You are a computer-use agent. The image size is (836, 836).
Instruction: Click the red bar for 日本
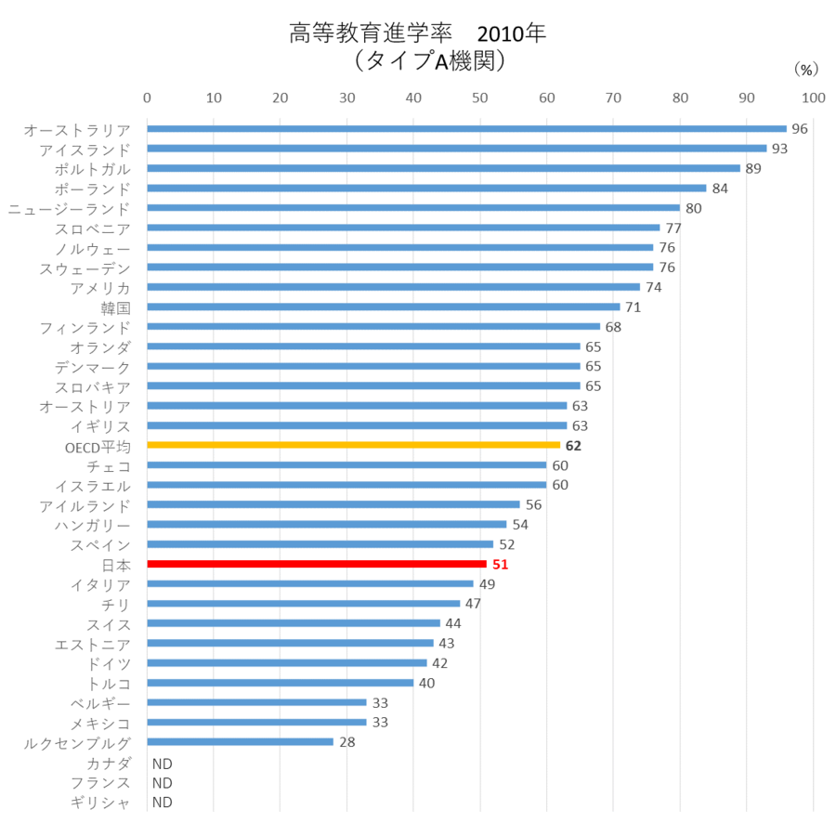click(x=317, y=564)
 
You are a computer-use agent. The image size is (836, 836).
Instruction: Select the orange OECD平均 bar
click(x=353, y=445)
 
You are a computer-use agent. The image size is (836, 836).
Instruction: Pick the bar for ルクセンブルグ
click(x=240, y=741)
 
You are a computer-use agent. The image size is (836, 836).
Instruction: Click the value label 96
click(x=800, y=128)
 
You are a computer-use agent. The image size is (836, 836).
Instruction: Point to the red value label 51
click(x=501, y=564)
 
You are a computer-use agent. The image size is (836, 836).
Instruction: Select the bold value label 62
click(x=573, y=446)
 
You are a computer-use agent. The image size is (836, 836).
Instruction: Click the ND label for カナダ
click(x=163, y=763)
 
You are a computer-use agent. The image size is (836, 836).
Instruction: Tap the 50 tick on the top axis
click(x=480, y=97)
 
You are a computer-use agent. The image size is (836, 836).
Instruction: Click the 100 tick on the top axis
click(x=814, y=97)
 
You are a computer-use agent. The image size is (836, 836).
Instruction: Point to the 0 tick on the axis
click(x=147, y=97)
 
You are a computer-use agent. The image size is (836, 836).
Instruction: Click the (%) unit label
click(x=804, y=69)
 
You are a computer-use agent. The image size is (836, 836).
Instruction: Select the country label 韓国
click(x=115, y=307)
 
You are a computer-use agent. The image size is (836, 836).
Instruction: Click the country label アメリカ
click(x=100, y=287)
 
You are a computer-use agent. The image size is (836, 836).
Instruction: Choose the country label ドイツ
click(x=109, y=663)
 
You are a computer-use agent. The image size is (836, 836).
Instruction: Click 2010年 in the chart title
click(x=511, y=34)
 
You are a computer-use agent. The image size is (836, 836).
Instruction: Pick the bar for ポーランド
click(x=426, y=188)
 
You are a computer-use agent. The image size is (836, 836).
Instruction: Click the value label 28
click(x=347, y=742)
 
